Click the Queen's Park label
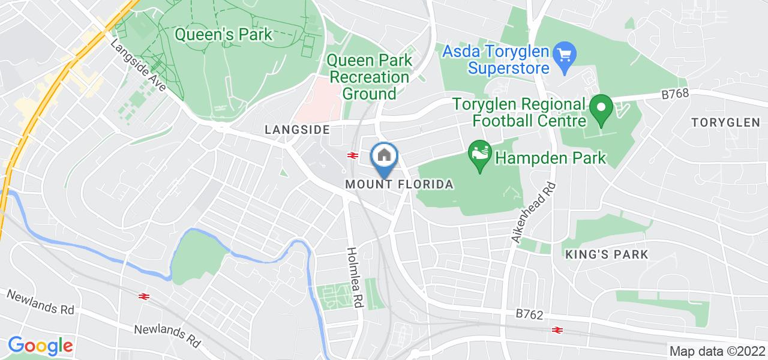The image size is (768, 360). [x=223, y=35]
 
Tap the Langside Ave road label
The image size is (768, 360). [x=139, y=66]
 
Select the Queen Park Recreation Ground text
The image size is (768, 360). [x=370, y=77]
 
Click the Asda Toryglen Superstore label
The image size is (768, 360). [x=496, y=59]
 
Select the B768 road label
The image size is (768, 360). [x=676, y=94]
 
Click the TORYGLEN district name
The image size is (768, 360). [x=725, y=122]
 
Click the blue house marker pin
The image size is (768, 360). [x=383, y=157]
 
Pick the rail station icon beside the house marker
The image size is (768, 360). [x=352, y=155]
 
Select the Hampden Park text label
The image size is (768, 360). [x=550, y=158]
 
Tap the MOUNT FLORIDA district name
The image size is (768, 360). [x=399, y=184]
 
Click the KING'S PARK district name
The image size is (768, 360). [x=607, y=254]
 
